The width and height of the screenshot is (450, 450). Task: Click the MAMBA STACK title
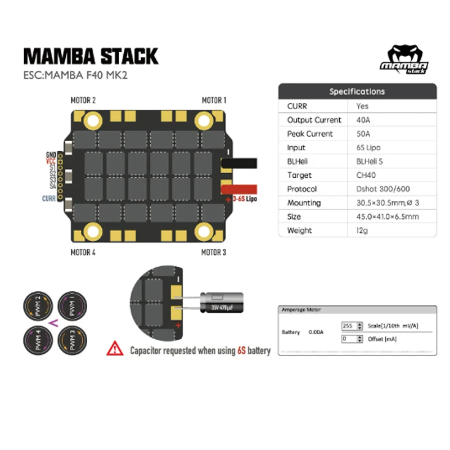[x=91, y=56]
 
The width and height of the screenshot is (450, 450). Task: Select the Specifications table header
[x=357, y=91]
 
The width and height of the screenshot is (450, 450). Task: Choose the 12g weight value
[x=362, y=231]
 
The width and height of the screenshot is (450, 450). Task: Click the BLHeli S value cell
[x=370, y=161]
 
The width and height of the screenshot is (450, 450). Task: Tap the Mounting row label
[x=304, y=203]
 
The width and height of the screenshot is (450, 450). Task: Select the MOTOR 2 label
[x=83, y=100]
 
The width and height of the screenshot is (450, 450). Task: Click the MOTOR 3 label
[x=214, y=252]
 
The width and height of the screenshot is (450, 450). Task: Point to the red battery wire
[x=240, y=189]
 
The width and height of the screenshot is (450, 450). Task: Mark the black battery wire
[x=240, y=163]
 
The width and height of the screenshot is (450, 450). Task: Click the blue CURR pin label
[x=49, y=198]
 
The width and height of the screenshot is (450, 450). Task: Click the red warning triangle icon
[x=115, y=349]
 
